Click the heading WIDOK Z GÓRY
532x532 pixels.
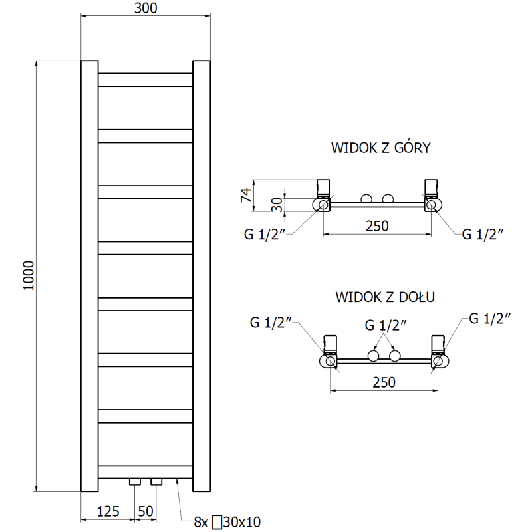click(x=381, y=148)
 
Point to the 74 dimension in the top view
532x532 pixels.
click(x=245, y=195)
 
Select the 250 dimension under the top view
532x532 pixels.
click(x=376, y=226)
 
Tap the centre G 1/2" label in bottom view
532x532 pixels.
click(x=385, y=325)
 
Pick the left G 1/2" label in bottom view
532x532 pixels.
click(x=271, y=323)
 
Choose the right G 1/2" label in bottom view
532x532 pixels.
click(x=489, y=319)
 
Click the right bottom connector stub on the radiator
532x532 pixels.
click(x=156, y=481)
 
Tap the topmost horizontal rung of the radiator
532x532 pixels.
click(x=145, y=79)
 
